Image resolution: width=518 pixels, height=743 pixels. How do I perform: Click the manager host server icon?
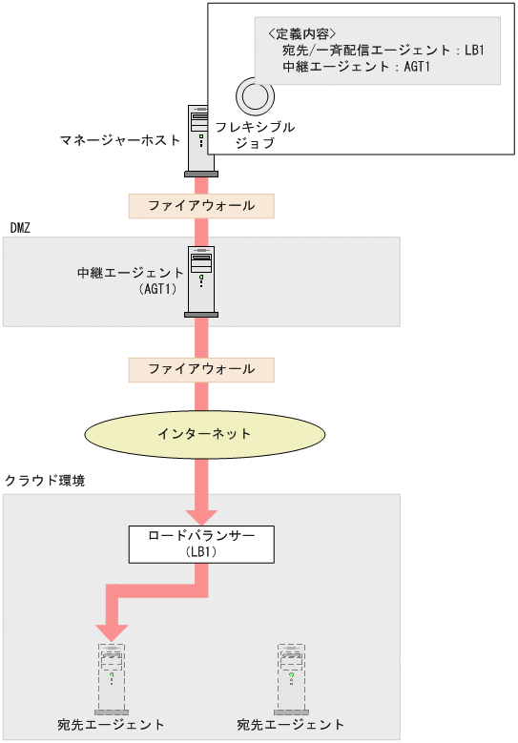coord(201,140)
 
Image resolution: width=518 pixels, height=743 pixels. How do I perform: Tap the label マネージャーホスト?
coord(120,140)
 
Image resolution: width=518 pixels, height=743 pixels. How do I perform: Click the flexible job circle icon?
coord(255,96)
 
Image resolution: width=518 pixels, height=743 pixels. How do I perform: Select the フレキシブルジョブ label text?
coord(255,134)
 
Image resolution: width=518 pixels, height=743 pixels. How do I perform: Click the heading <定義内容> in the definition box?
coord(302,31)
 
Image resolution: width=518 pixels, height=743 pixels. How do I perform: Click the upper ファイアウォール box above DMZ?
coord(201,205)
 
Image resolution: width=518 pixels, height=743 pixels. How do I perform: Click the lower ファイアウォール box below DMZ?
coord(201,369)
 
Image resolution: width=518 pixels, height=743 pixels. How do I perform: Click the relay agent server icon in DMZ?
coord(201,281)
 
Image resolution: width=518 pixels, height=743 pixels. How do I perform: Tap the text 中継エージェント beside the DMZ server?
coord(131,273)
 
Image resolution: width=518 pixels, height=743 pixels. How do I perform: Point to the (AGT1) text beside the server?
coord(158,290)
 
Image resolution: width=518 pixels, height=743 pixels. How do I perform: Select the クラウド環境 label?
coord(45,481)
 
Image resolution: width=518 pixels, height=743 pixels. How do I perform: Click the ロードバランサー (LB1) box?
coord(201,543)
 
